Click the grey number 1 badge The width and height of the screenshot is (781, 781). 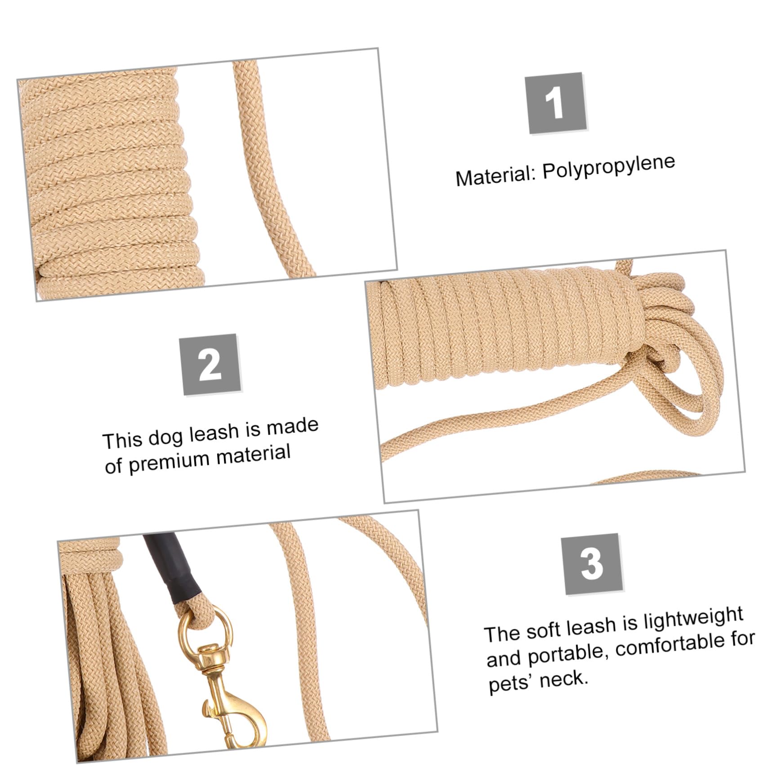pyautogui.click(x=557, y=103)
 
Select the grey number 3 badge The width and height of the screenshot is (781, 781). pyautogui.click(x=592, y=564)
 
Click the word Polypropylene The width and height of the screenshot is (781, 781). pyautogui.click(x=609, y=166)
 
